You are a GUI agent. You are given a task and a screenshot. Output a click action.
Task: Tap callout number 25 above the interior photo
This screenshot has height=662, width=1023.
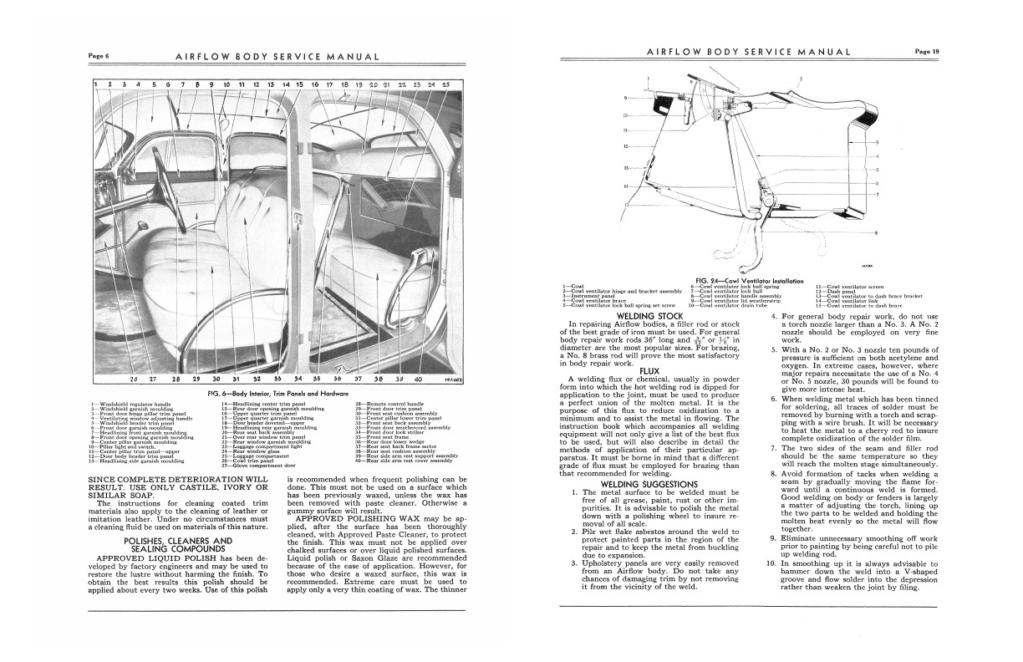click(445, 84)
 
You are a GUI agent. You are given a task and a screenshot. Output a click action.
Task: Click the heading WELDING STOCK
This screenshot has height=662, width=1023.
click(650, 316)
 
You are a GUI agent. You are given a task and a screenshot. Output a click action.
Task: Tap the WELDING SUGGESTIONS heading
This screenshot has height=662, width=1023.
click(649, 483)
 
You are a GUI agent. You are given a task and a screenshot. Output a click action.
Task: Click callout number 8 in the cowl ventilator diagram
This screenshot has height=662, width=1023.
click(876, 232)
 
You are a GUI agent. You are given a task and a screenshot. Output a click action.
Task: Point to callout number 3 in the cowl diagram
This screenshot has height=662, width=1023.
click(876, 142)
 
